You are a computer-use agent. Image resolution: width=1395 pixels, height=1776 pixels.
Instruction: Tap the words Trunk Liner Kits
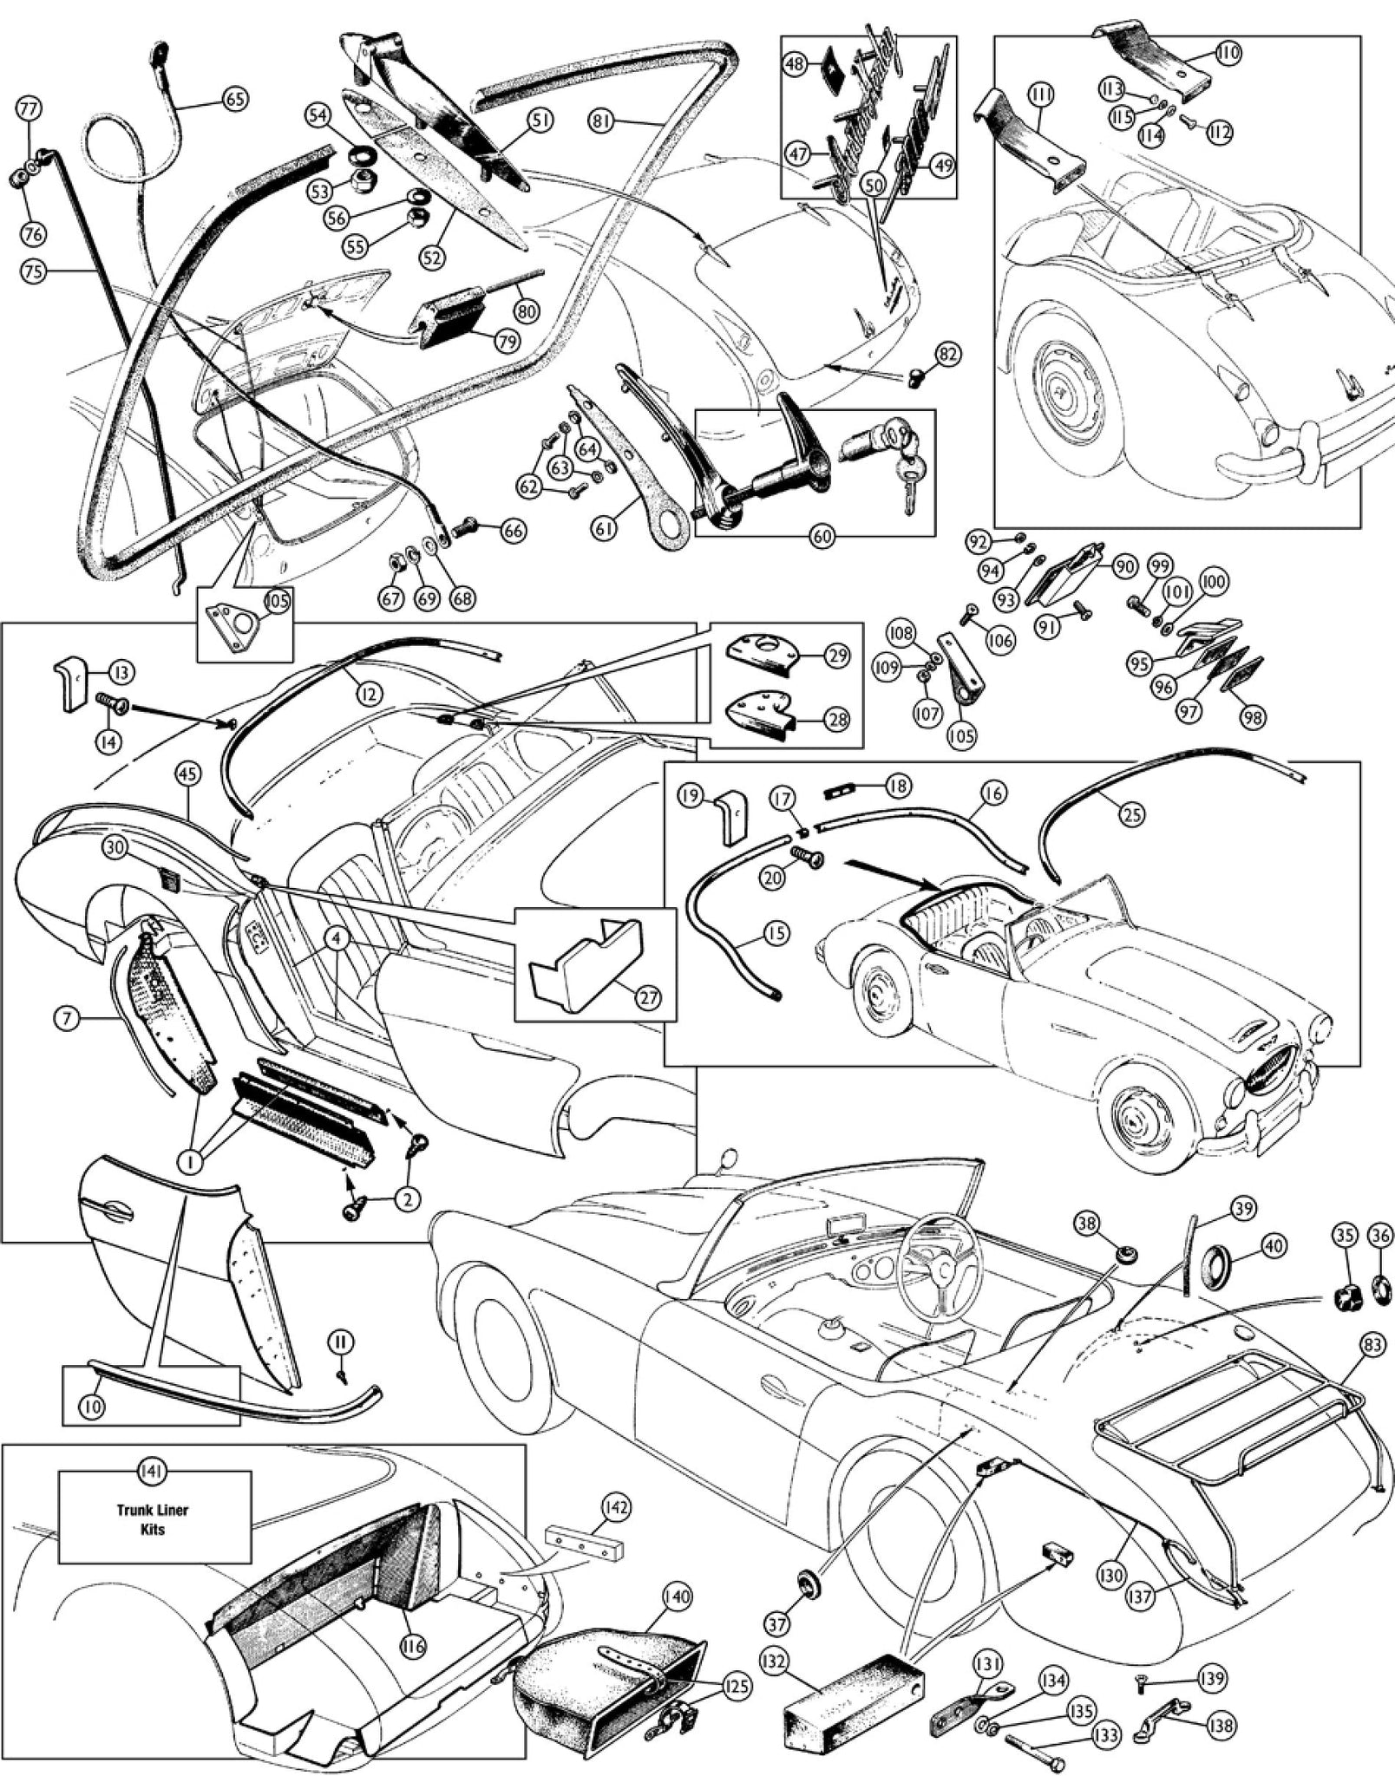153,1519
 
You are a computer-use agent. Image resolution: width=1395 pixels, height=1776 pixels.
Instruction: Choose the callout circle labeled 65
233,99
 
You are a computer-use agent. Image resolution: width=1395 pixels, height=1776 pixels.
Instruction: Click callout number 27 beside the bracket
648,996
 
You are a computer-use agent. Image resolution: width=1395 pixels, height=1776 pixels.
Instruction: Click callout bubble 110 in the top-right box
1228,53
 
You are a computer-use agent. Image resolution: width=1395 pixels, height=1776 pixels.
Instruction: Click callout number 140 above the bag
676,1596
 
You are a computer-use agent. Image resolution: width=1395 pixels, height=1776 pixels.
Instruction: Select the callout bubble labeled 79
508,342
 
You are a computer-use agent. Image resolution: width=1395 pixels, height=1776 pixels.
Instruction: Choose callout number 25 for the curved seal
1131,813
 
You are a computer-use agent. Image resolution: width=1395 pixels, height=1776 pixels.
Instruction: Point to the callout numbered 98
1253,716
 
